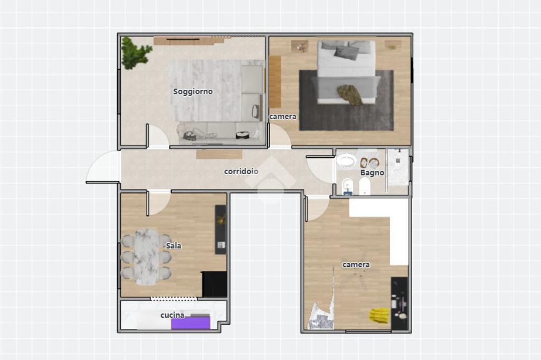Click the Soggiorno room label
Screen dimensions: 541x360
(x=193, y=91)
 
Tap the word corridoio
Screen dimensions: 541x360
(x=241, y=171)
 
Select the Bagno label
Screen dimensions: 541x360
(x=372, y=173)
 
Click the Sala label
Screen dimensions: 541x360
(x=173, y=245)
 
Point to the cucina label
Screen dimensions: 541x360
(x=173, y=315)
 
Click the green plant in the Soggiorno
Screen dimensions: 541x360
(x=135, y=53)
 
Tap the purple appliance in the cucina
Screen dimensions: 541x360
(x=191, y=323)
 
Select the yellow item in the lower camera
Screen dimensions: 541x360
(x=379, y=316)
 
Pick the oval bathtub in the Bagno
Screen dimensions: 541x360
(x=346, y=161)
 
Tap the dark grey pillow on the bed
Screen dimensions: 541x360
(x=347, y=52)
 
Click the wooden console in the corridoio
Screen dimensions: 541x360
(x=219, y=154)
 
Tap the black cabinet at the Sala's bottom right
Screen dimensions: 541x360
(x=214, y=284)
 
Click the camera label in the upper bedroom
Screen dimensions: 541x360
(x=283, y=117)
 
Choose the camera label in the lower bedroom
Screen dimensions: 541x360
(x=356, y=264)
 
